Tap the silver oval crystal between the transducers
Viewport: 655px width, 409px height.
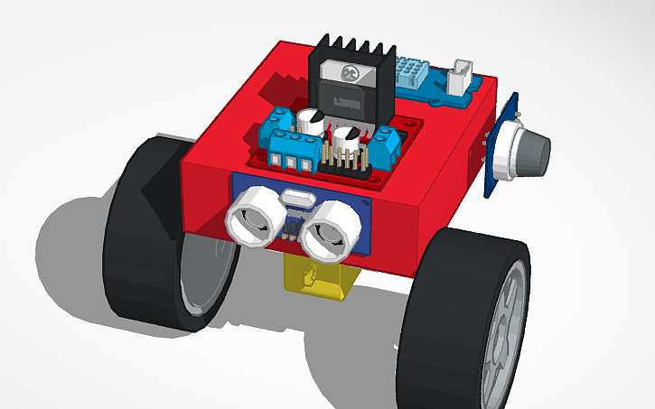(295, 200)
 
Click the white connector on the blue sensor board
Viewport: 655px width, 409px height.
(462, 76)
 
